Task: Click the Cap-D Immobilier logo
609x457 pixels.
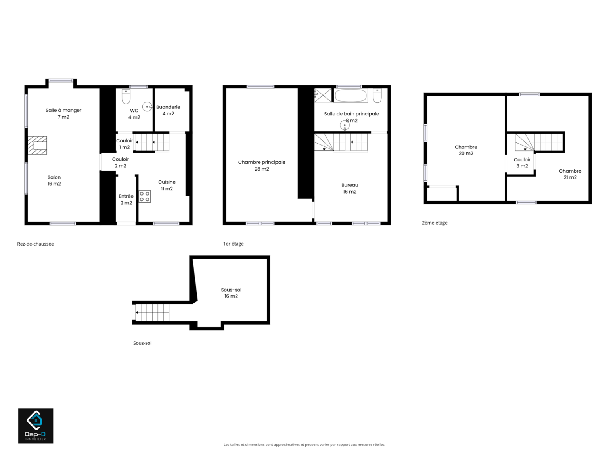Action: [x=36, y=425]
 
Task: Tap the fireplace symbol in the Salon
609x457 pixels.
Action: [x=37, y=146]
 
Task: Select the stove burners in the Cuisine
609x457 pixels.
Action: [x=145, y=196]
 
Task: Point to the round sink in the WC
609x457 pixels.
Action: [x=147, y=107]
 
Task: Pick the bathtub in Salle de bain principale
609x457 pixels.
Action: [x=351, y=96]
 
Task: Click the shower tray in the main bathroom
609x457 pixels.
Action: [x=323, y=95]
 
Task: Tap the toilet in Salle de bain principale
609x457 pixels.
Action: [x=377, y=96]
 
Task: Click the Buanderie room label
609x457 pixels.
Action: [x=168, y=110]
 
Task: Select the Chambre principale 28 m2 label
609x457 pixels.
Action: [x=262, y=165]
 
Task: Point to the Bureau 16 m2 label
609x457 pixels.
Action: [x=350, y=188]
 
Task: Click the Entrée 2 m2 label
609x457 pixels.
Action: [x=126, y=199]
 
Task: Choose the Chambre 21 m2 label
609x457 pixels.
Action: [x=570, y=174]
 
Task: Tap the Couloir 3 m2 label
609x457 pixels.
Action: [x=522, y=163]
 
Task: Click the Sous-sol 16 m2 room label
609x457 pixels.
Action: [x=231, y=293]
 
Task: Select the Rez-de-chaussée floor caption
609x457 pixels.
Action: [x=36, y=244]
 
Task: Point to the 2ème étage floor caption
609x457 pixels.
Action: [x=435, y=223]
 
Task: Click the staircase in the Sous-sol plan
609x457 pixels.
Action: [x=152, y=313]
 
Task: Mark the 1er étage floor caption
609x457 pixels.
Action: [x=234, y=244]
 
